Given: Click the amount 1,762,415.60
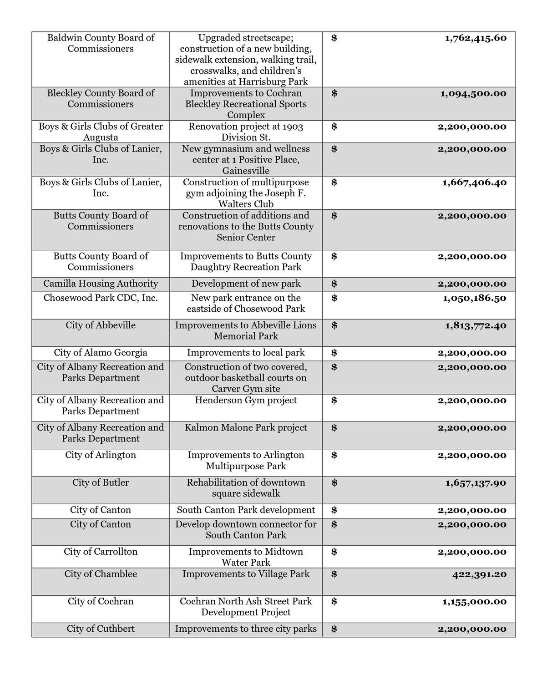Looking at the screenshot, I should coord(475,38).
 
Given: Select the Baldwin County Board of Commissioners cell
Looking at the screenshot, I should coord(101,43).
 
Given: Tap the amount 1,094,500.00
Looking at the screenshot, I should coord(473,94).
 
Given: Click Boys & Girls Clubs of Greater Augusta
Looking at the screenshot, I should coord(101,132).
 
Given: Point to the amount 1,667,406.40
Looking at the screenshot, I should coord(474,183).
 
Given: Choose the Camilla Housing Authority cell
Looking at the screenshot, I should coord(101,284).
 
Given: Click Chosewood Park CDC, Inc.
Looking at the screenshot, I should coord(101,298).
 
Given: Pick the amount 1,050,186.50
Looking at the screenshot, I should coord(474,298).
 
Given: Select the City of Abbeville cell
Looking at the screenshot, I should coord(101,325).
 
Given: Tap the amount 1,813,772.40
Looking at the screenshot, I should coord(475,325).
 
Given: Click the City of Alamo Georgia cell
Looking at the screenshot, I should coord(101,353).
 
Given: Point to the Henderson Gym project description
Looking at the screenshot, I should coord(246,400).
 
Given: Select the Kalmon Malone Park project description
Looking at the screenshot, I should coord(246,427).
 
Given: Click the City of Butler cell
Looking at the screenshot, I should coord(101,482).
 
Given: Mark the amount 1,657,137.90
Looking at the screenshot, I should coord(475,483).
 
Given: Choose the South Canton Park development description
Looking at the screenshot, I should coord(246,510).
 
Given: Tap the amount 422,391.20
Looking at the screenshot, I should coord(479,574).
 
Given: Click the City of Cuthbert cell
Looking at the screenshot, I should coord(101,629).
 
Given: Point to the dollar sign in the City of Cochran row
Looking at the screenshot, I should coord(334,602).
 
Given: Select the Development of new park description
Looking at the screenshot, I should coord(246,284).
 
